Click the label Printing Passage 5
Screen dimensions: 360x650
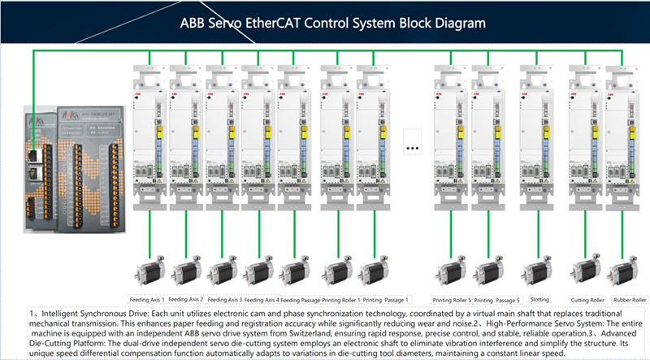tap(497, 300)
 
